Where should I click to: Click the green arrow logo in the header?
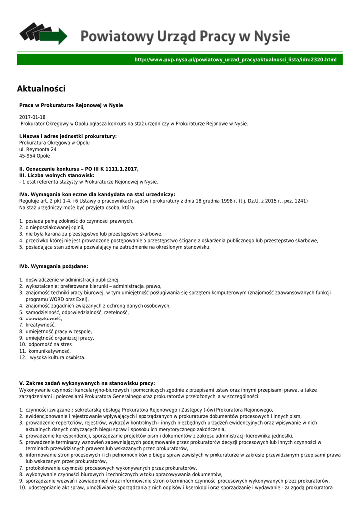click(x=43, y=33)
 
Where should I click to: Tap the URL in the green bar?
click(x=235, y=60)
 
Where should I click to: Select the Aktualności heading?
click(x=41, y=89)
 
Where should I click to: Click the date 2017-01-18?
click(x=32, y=117)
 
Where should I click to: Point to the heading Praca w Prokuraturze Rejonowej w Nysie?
click(x=71, y=105)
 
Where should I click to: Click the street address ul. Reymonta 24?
click(x=38, y=149)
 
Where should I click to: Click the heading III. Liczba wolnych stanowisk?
click(x=57, y=175)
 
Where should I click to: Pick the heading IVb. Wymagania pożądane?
click(x=54, y=266)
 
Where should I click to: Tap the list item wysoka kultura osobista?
click(x=58, y=357)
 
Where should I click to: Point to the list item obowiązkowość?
click(x=44, y=318)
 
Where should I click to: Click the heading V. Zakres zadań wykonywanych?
click(x=87, y=383)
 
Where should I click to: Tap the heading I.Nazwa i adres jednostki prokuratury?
click(x=68, y=136)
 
